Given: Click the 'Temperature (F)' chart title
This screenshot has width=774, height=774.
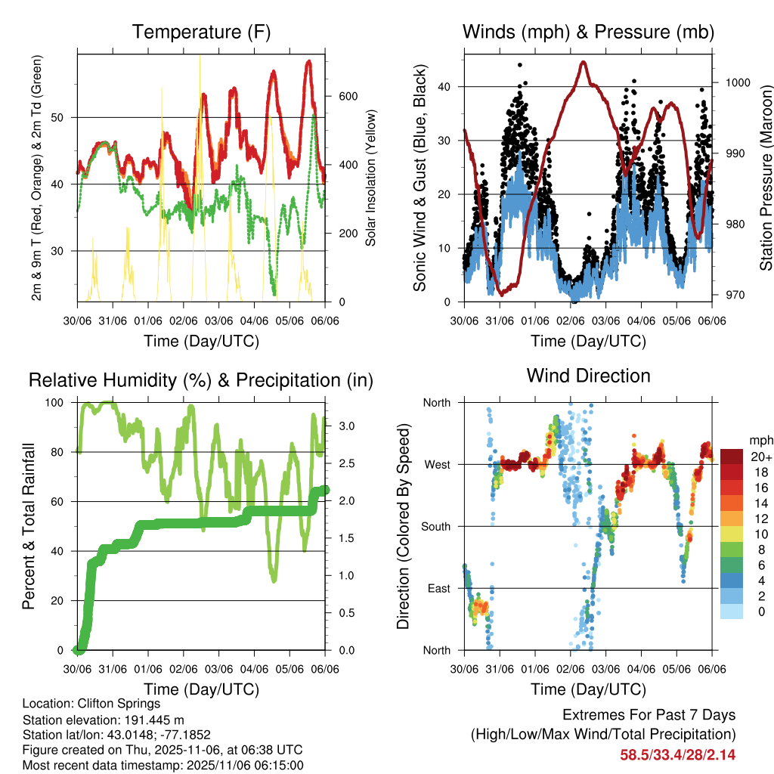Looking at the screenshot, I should [201, 33].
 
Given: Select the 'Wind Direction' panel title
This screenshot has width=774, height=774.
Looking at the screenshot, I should [588, 376].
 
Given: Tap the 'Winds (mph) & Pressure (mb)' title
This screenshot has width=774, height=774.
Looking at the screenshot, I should [588, 33].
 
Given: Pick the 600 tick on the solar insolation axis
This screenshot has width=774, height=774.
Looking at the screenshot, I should [348, 96].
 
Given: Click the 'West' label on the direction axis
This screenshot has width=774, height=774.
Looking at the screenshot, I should [436, 464].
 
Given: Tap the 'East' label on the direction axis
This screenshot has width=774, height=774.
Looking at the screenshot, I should [438, 588].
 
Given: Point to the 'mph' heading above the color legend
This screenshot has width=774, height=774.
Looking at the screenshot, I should [760, 440].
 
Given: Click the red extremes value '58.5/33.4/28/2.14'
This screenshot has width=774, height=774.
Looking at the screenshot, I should [678, 754].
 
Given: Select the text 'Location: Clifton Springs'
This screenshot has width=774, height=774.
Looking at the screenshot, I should [91, 703].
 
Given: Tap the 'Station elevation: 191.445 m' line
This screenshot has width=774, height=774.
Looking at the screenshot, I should [104, 719].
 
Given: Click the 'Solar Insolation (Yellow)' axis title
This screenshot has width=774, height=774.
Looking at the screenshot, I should [371, 178].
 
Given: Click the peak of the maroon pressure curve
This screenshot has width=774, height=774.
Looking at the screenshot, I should [583, 62].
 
